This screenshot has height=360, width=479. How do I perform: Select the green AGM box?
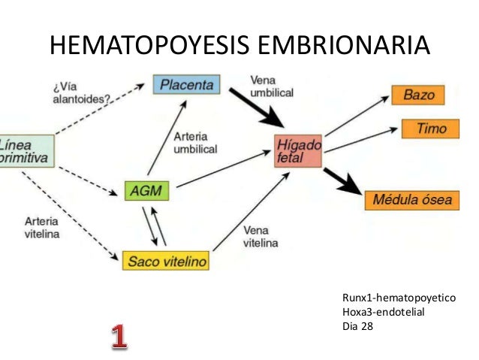146,190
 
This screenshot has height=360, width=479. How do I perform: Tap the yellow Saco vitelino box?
164,261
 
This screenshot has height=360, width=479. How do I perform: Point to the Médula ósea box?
413,200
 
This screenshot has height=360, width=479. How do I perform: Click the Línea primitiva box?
26,150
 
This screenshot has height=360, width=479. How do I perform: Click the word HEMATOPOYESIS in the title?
149,46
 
